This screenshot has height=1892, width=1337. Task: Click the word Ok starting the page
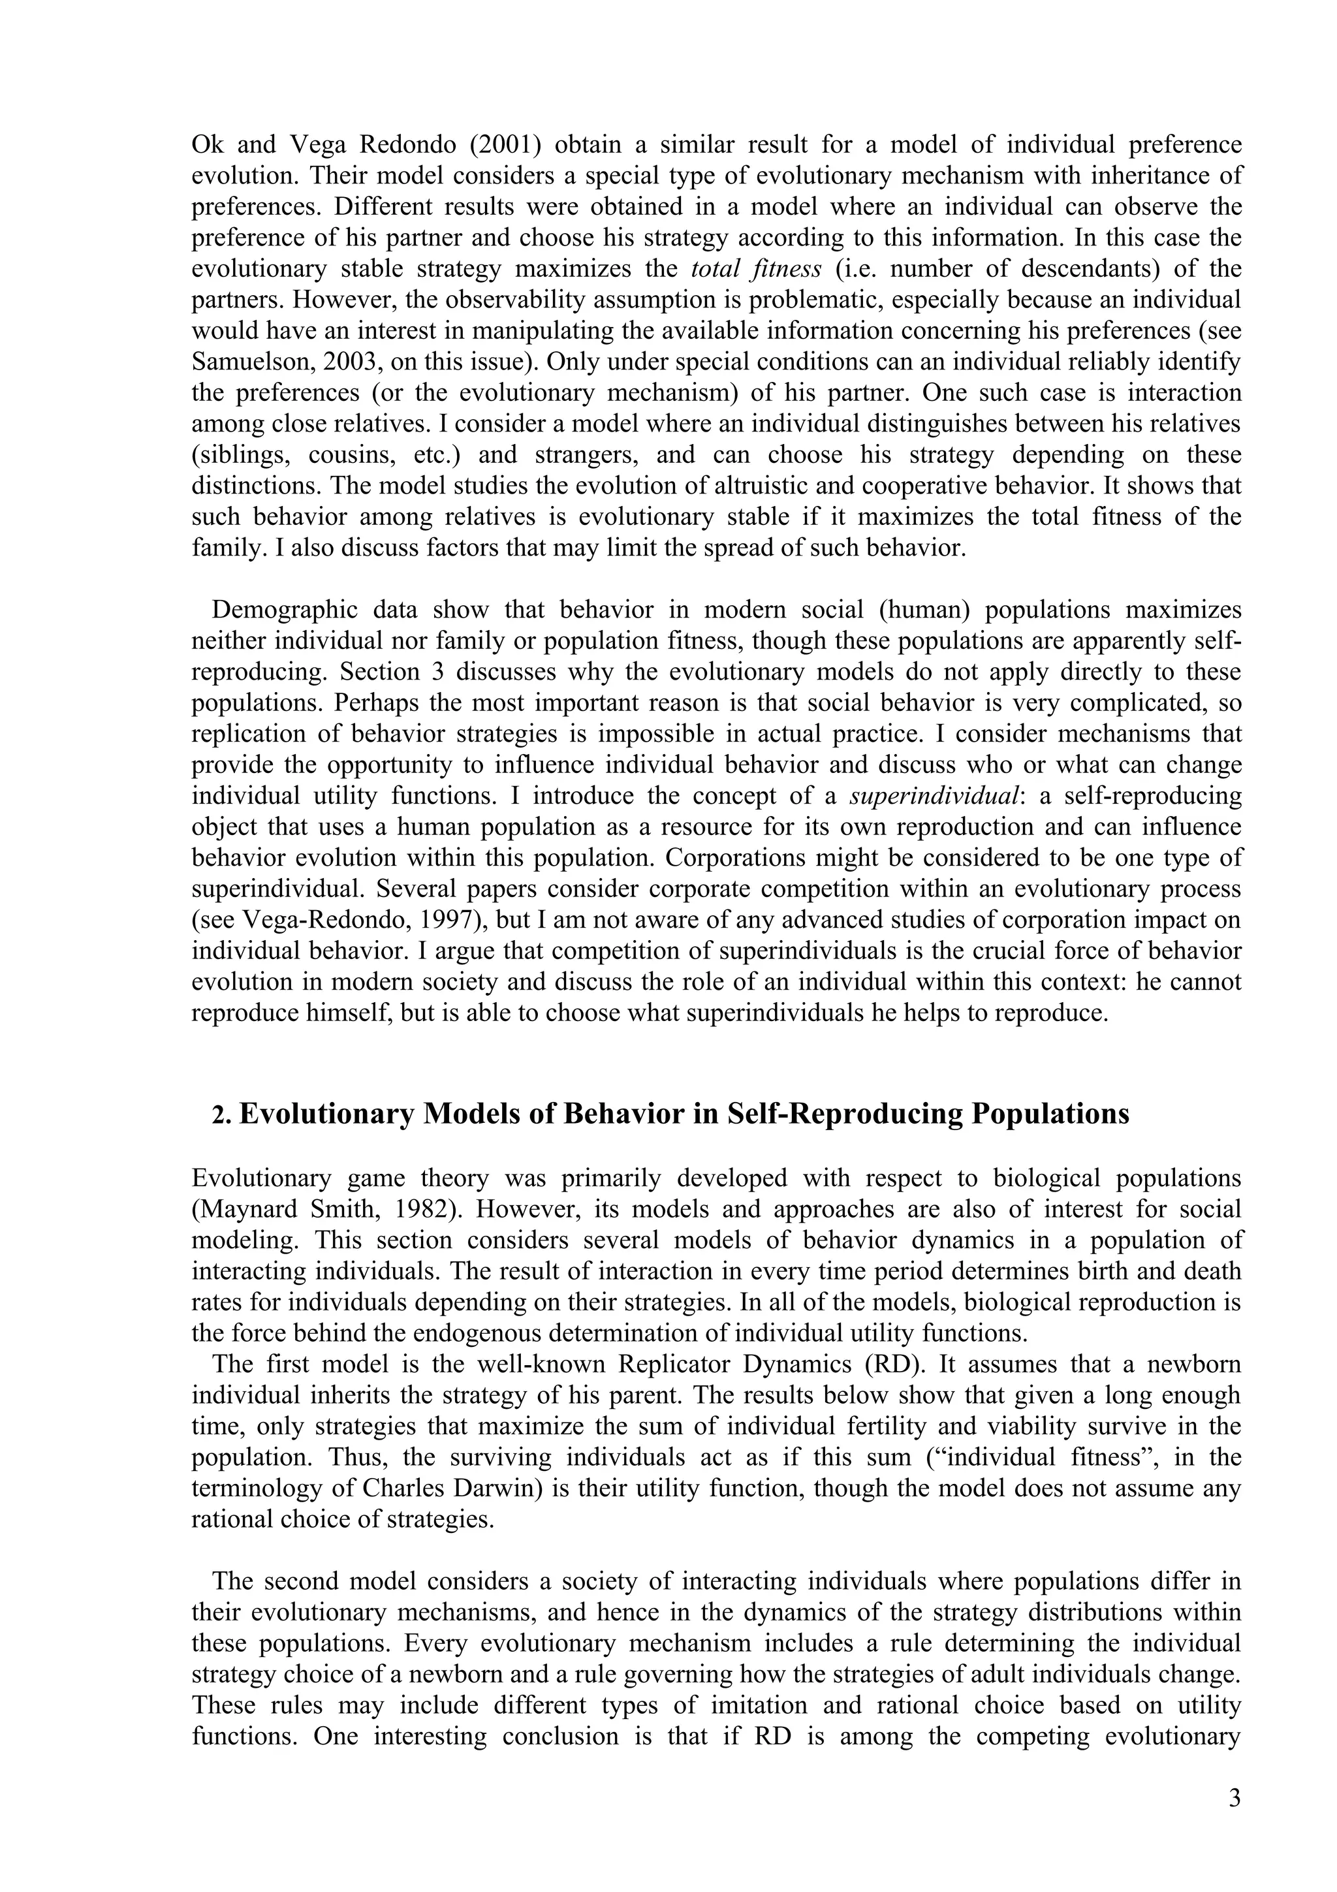pos(208,144)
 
